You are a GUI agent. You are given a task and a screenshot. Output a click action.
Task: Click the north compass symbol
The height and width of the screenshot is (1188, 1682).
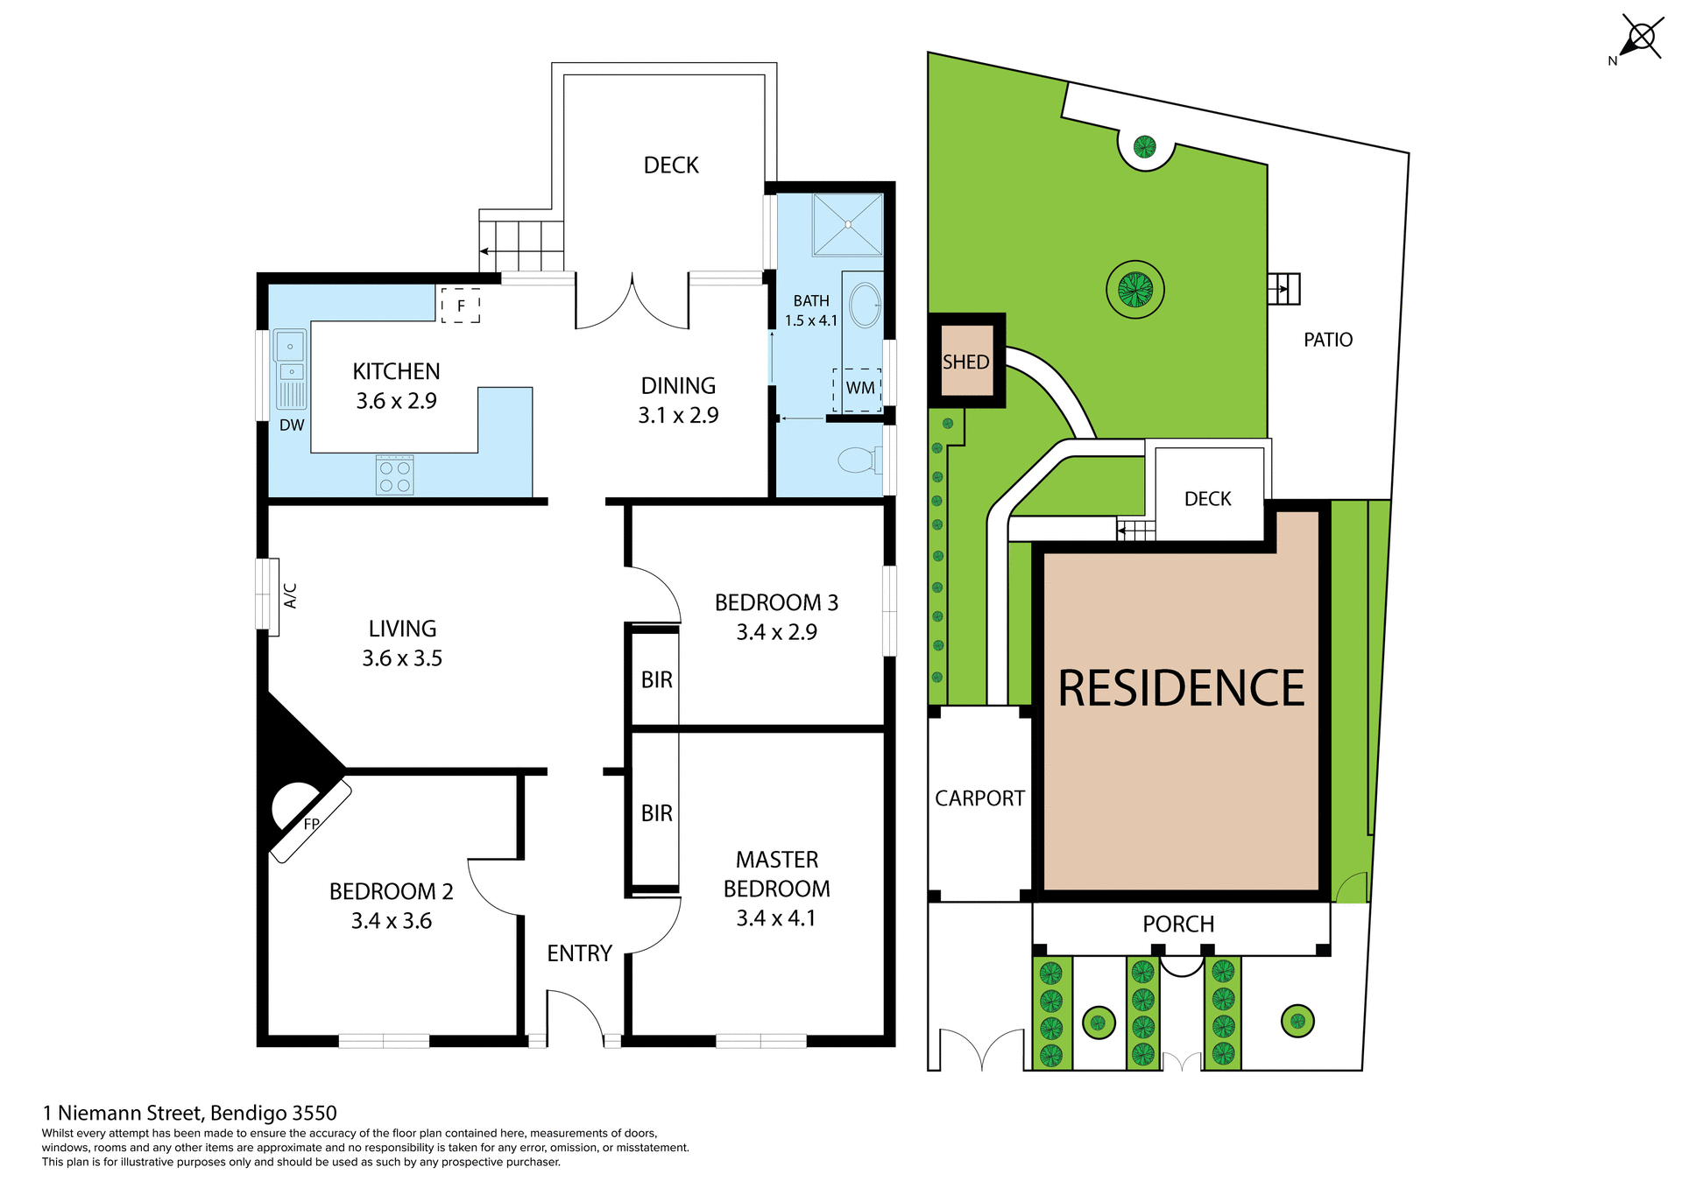[1641, 39]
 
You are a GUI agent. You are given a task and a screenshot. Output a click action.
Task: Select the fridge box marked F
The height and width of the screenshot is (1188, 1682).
[461, 306]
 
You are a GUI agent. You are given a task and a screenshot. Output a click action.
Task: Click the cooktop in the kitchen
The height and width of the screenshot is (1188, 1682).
[394, 475]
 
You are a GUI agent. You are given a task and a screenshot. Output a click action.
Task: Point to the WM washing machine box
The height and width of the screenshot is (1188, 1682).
[858, 389]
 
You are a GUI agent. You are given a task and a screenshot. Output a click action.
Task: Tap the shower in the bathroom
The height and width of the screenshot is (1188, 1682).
[847, 225]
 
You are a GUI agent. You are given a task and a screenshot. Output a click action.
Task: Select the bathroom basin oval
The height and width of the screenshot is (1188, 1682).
[866, 306]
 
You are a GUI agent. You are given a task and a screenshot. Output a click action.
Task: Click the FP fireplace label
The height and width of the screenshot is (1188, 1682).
[311, 824]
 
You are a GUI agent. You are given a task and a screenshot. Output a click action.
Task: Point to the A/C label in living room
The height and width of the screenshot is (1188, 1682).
[291, 595]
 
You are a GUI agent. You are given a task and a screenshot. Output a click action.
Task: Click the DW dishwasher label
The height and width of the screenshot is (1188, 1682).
[292, 425]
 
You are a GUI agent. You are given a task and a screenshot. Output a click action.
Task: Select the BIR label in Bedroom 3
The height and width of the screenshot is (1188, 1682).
[656, 679]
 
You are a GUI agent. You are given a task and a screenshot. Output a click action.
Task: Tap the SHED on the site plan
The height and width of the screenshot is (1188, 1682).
[965, 362]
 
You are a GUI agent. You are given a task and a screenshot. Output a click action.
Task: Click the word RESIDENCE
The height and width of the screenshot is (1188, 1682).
[1180, 689]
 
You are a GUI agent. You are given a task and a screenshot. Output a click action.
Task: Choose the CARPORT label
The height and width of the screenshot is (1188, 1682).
[979, 798]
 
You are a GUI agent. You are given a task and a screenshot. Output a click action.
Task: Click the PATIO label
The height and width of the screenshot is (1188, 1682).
[1327, 340]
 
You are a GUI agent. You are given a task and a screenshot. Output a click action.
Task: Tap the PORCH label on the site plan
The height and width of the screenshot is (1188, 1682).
[1178, 924]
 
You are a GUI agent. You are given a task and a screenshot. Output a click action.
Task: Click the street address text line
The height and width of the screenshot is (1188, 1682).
[190, 1113]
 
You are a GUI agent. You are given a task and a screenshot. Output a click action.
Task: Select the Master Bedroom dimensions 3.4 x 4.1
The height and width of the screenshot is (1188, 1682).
[775, 918]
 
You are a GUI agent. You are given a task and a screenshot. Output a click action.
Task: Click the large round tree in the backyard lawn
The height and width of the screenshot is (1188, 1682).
[1134, 289]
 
